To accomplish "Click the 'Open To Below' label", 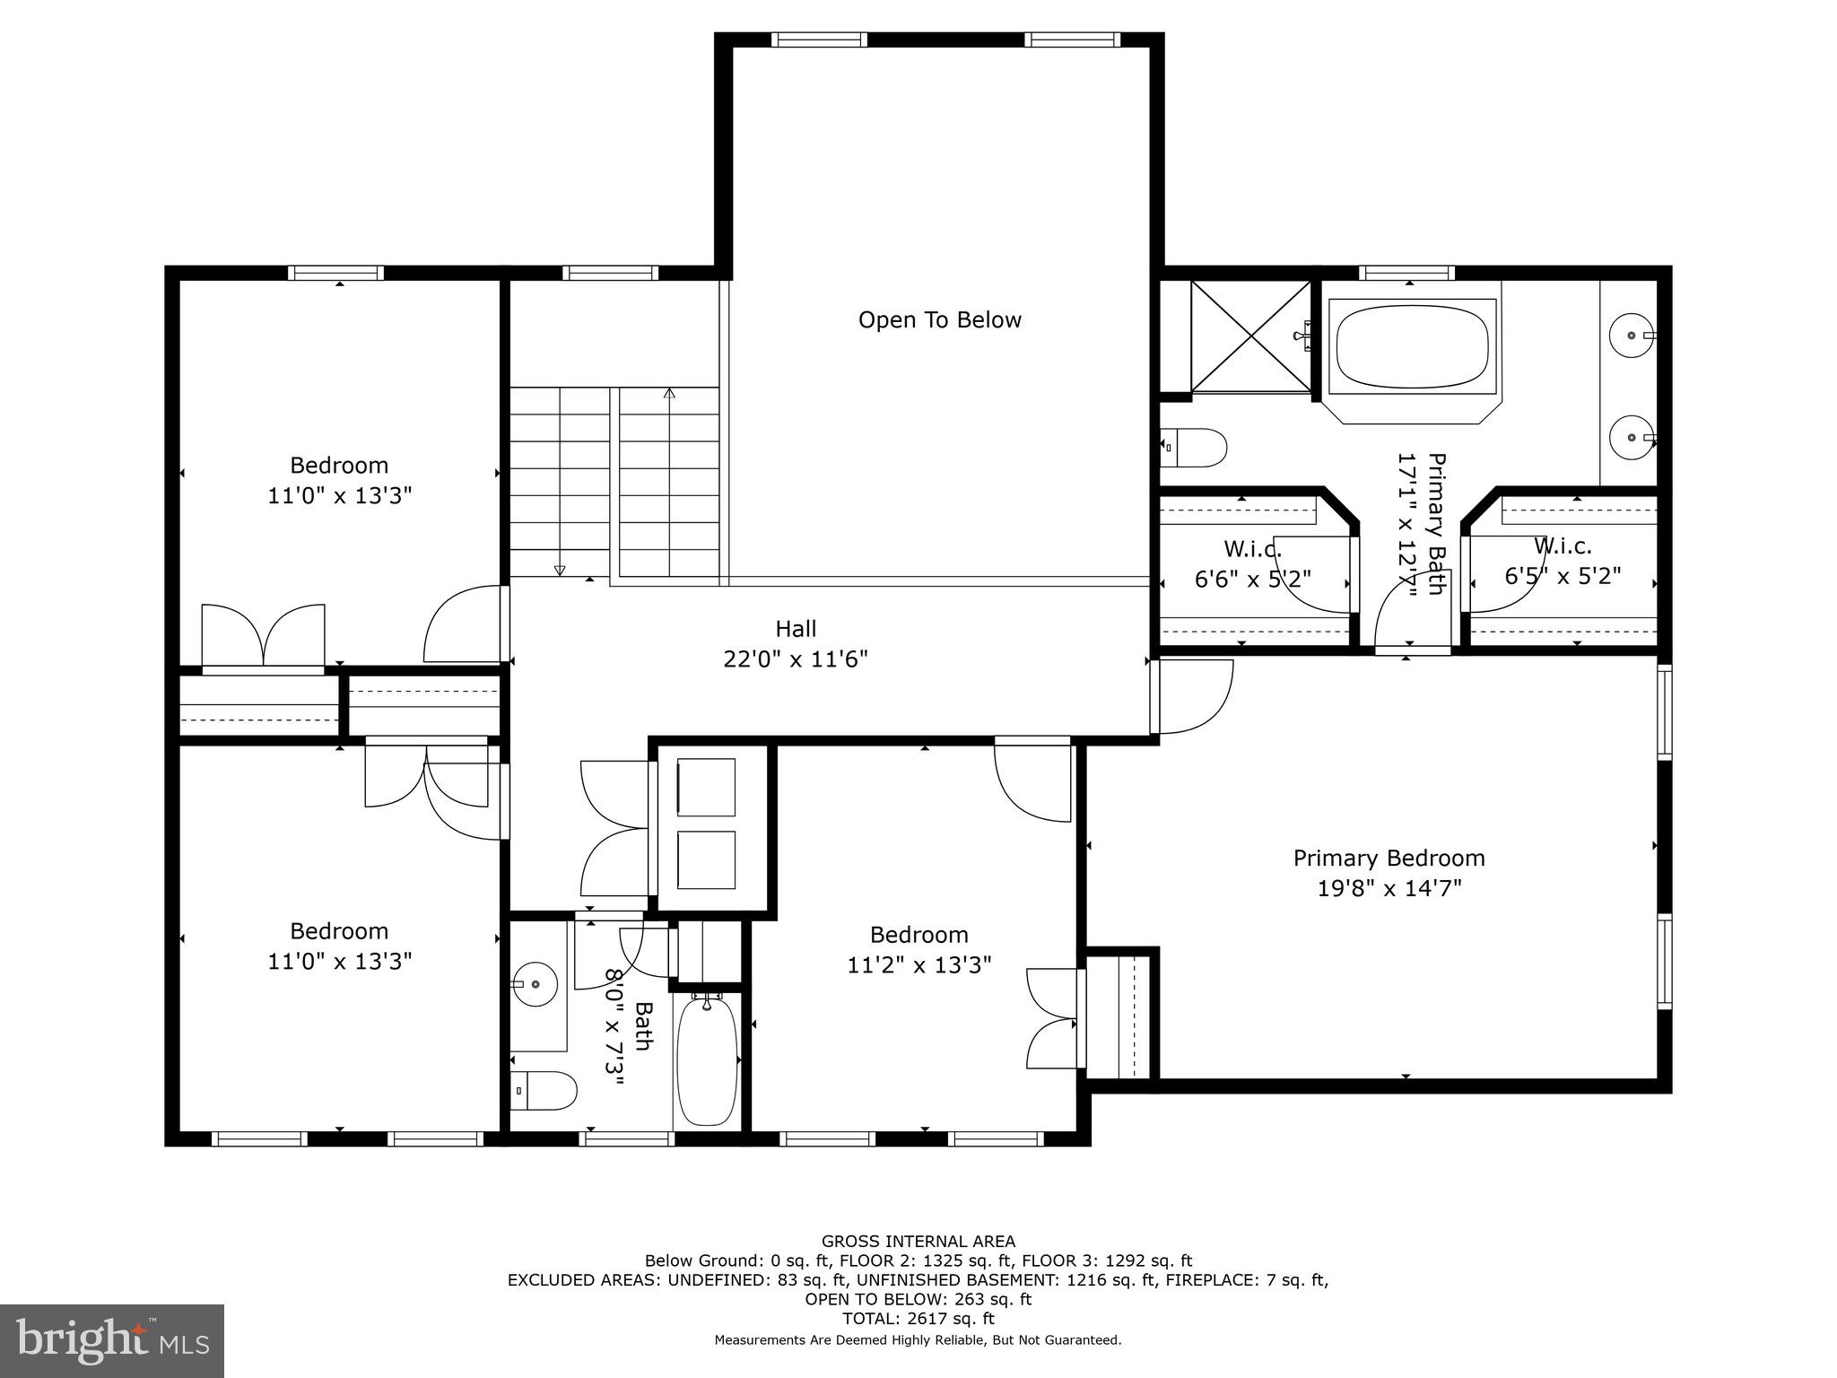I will (x=939, y=320).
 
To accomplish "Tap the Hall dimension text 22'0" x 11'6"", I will (x=796, y=659).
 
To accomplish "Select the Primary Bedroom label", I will (x=1389, y=859).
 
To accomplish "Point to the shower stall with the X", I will (x=1250, y=336).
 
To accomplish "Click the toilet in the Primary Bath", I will (x=1195, y=447).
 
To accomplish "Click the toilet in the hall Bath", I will (x=545, y=1090).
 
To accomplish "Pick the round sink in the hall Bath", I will (x=536, y=984).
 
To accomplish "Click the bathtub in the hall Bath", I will (x=707, y=1062).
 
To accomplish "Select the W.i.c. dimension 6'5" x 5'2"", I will (x=1563, y=576).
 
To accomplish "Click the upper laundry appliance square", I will (x=706, y=787).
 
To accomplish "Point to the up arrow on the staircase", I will (x=669, y=393).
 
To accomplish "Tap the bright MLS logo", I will (x=112, y=1340).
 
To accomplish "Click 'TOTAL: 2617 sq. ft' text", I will (x=918, y=1319).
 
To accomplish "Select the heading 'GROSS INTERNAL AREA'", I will (x=918, y=1242).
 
